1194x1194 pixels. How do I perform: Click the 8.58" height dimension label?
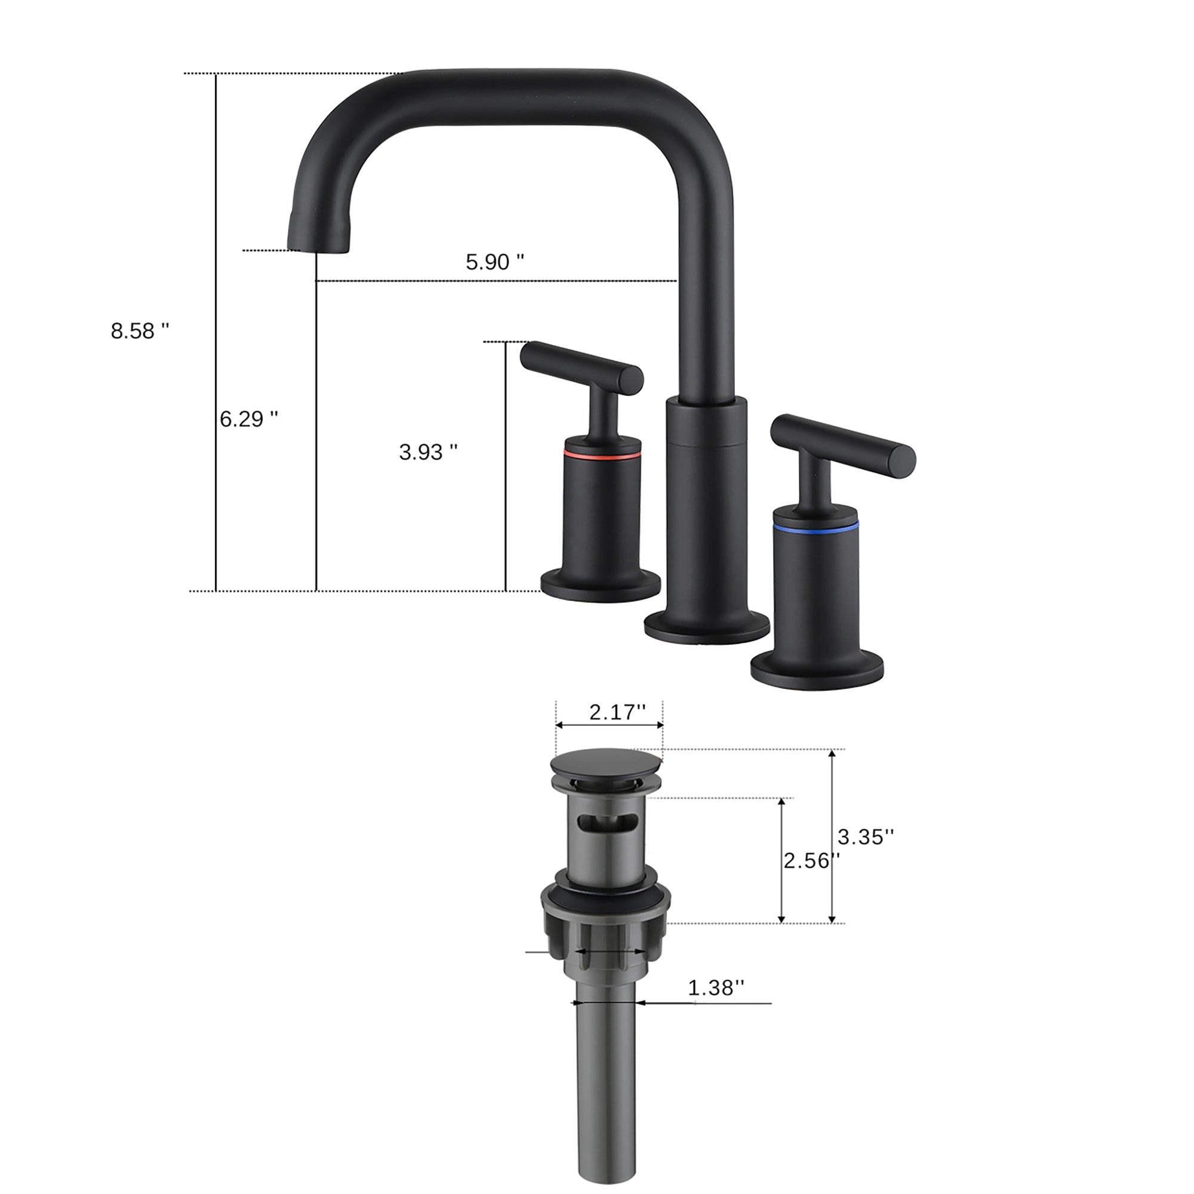[140, 331]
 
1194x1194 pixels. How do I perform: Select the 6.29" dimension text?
[248, 419]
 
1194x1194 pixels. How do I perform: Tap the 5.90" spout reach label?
[494, 262]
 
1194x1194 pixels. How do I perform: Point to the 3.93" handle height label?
[427, 453]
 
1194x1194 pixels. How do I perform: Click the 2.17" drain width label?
[617, 713]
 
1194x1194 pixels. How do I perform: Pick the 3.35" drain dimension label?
[865, 837]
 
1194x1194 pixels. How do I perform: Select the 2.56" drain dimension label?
[811, 860]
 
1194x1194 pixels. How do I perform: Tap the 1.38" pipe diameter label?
[716, 987]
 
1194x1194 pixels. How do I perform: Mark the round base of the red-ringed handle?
[600, 585]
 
